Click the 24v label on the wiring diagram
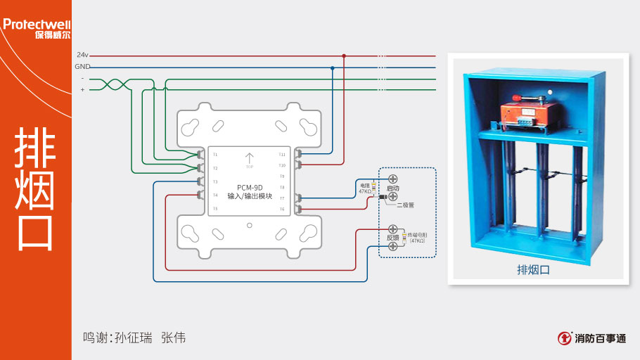[82, 55]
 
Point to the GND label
[82, 67]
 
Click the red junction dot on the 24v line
[344, 56]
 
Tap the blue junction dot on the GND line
[332, 67]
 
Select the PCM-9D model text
[250, 187]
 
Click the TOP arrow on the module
[249, 159]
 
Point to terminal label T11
[282, 154]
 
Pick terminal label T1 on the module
[216, 154]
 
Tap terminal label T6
[282, 209]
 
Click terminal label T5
[216, 209]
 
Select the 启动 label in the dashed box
[392, 188]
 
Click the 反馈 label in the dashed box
[392, 238]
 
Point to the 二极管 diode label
[406, 205]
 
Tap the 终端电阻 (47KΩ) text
[418, 237]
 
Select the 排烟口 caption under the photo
[532, 269]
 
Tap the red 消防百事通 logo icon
[564, 338]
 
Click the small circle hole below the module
[250, 226]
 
